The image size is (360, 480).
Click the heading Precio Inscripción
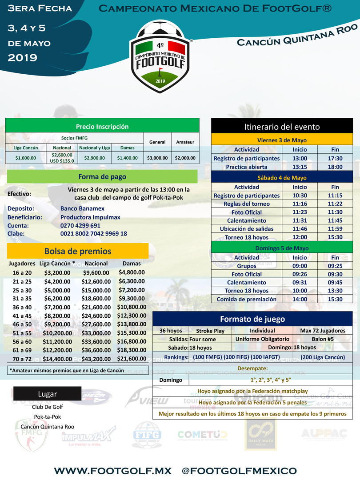click(x=102, y=126)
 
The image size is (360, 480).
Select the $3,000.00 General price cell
click(x=157, y=157)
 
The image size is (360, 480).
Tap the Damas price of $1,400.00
click(x=128, y=157)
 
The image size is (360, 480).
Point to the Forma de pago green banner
click(x=102, y=176)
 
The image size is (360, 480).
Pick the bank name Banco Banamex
click(x=82, y=208)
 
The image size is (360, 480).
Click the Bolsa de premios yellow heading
click(x=78, y=251)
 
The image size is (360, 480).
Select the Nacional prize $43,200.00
click(x=97, y=358)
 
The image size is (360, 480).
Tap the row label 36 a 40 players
click(x=22, y=307)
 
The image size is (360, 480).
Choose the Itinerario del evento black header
click(x=282, y=127)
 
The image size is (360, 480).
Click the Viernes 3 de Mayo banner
click(x=282, y=140)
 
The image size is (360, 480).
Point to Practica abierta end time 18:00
click(x=335, y=167)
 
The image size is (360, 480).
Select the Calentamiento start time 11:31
click(x=300, y=220)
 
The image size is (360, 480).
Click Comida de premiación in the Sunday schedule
click(x=247, y=299)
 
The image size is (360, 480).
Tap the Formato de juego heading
click(x=252, y=319)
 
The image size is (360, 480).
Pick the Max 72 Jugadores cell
click(x=323, y=331)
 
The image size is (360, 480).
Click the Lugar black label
click(x=47, y=394)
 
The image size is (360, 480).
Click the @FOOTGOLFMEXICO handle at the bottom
click(x=240, y=471)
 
